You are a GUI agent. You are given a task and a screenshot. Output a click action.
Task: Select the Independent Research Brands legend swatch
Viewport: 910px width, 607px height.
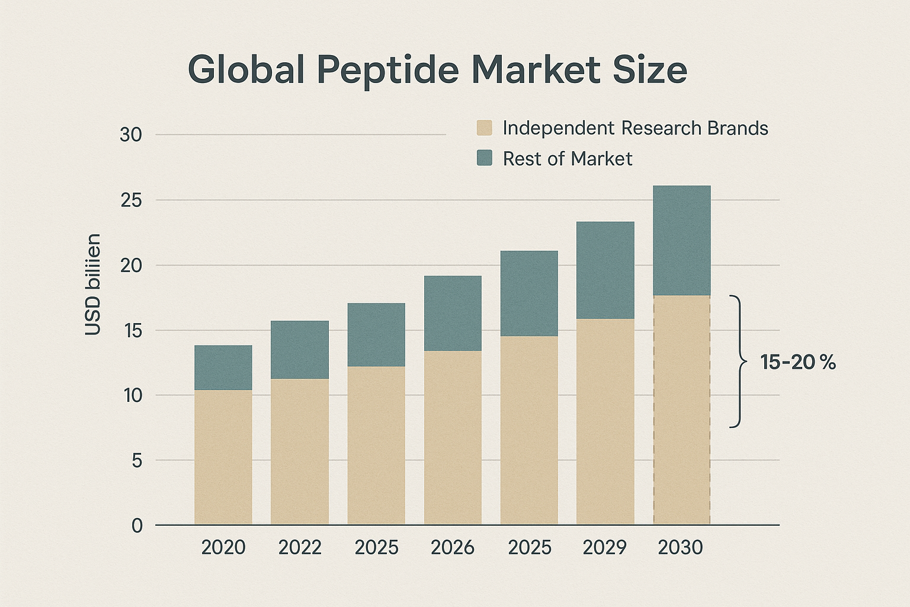click(x=484, y=128)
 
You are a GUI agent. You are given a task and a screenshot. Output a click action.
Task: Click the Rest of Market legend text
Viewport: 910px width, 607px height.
click(x=567, y=159)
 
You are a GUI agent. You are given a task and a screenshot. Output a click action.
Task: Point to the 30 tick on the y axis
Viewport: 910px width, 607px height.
click(x=131, y=135)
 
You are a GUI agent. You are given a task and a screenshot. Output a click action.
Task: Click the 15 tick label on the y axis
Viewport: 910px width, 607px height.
click(x=131, y=331)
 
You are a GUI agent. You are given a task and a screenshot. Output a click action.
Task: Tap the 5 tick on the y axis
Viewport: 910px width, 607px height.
click(x=137, y=461)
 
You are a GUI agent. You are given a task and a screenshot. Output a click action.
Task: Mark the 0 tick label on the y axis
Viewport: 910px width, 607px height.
click(x=137, y=526)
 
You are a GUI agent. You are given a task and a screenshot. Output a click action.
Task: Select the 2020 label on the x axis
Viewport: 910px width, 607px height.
click(x=223, y=547)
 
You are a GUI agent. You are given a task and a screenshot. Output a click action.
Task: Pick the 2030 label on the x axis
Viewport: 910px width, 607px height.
click(x=680, y=547)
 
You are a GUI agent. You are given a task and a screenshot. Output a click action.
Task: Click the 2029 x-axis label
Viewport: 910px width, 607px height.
click(x=604, y=547)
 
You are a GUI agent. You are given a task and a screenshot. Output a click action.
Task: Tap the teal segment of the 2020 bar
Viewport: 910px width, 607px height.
click(x=223, y=368)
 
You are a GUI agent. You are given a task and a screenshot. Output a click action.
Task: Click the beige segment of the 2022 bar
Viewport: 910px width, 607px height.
click(x=300, y=451)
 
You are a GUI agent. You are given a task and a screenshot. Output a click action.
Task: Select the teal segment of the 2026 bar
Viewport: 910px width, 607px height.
click(x=453, y=313)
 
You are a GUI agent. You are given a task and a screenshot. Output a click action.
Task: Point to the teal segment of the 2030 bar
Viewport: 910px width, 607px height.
click(x=681, y=240)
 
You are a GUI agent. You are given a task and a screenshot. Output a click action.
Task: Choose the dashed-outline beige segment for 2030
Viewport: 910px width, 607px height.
click(x=681, y=409)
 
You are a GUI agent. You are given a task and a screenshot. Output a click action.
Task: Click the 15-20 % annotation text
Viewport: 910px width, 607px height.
click(x=797, y=362)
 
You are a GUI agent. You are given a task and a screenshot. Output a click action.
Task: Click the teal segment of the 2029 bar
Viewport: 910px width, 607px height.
click(x=605, y=270)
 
